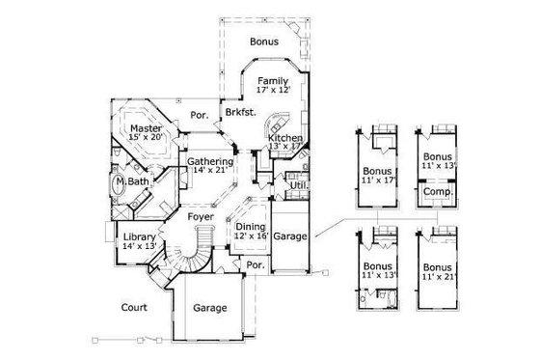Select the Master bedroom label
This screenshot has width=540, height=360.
click(146, 127)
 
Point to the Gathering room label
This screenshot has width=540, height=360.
click(210, 161)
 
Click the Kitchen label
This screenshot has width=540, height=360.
click(285, 139)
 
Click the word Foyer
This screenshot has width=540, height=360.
click(201, 217)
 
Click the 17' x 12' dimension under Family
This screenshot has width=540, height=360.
click(274, 89)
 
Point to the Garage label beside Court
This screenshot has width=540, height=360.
click(209, 309)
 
